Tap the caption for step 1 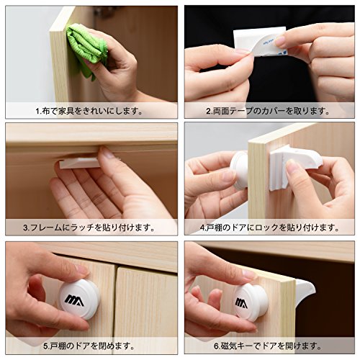pyautogui.click(x=89, y=111)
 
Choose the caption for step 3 pyautogui.click(x=89, y=228)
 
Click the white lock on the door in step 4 pyautogui.click(x=296, y=165)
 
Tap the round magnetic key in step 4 pyautogui.click(x=239, y=170)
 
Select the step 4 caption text pyautogui.click(x=269, y=228)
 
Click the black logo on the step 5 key pyautogui.click(x=74, y=301)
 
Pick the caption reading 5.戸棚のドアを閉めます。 pyautogui.click(x=89, y=346)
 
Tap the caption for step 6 pyautogui.click(x=268, y=346)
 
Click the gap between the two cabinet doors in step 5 pyautogui.click(x=115, y=300)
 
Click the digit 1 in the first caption pyautogui.click(x=37, y=112)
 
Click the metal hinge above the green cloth pyautogui.click(x=104, y=11)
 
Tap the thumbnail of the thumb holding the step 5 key pyautogui.click(x=81, y=270)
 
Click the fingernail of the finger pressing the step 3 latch pyautogui.click(x=107, y=153)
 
